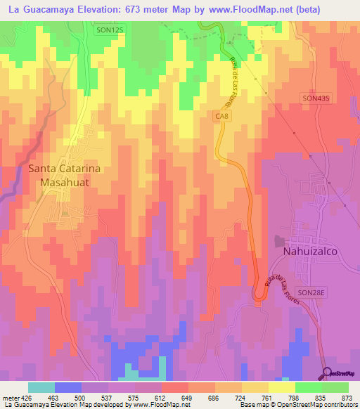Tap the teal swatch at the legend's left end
pos(41,387)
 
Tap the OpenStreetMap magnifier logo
pos(328,372)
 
